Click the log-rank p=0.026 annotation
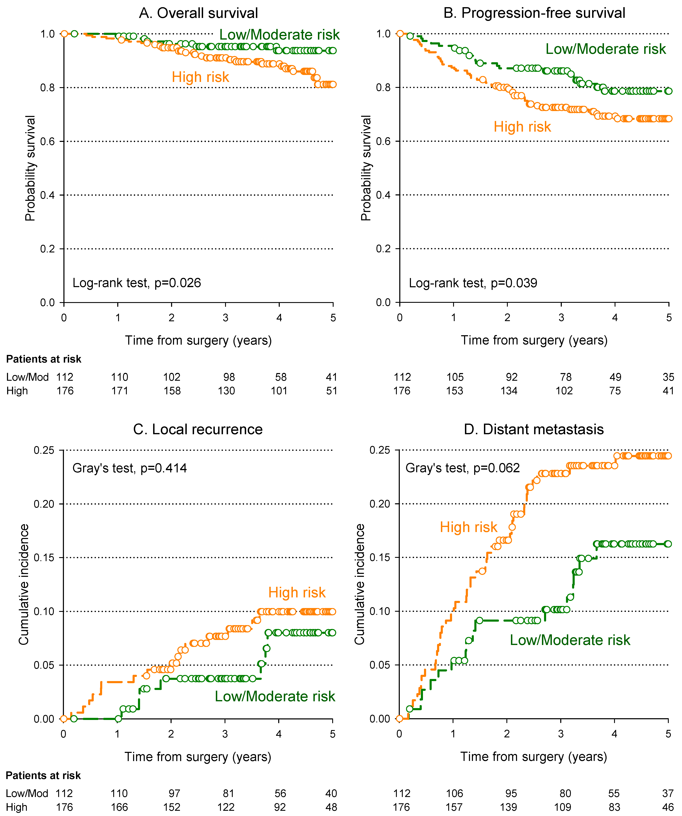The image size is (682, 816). pos(137,283)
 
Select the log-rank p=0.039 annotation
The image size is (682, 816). pos(473,283)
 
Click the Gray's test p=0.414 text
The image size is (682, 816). pos(130,468)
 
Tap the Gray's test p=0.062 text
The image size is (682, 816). pos(463,468)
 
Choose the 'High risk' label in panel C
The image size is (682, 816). pos(297,593)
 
